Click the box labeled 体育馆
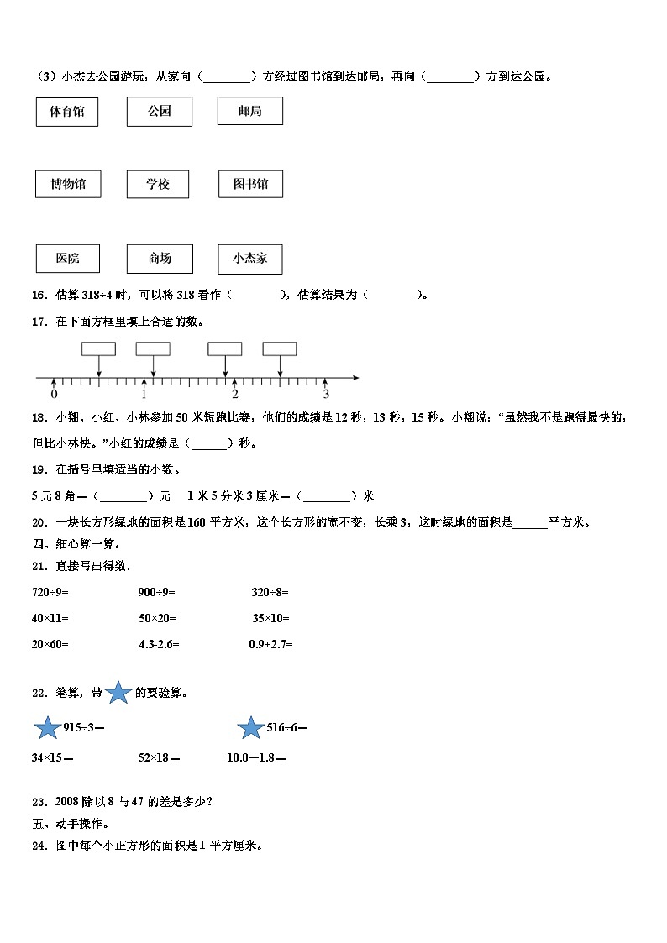coord(67,112)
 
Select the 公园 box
coord(160,112)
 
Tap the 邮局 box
coord(249,112)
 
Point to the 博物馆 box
coord(67,185)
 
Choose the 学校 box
coord(158,185)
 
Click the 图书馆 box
coord(250,185)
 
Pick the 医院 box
coord(67,259)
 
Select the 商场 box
coord(160,259)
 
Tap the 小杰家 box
coord(249,259)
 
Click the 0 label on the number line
coord(54,395)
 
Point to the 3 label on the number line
coord(326,395)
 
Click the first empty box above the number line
coord(98,349)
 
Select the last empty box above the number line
coord(280,349)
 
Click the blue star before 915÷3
coord(47,728)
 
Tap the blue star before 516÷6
coord(251,728)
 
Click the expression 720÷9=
coord(50,592)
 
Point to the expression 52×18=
coord(160,758)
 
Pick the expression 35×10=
coord(270,619)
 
